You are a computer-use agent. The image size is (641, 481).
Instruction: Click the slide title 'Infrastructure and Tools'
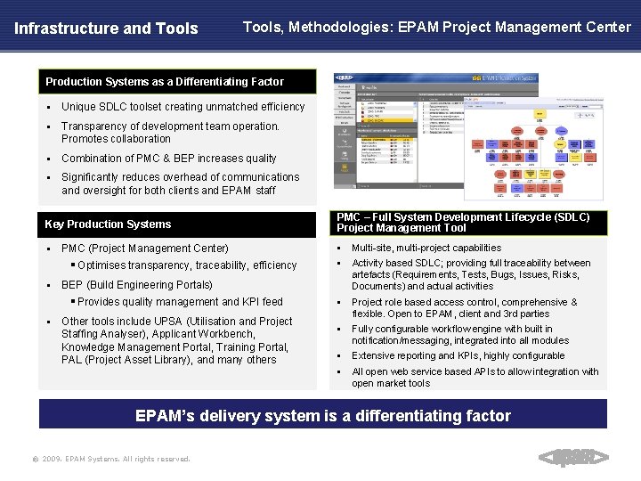click(x=106, y=29)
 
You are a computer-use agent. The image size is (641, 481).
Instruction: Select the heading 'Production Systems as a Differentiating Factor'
click(x=165, y=82)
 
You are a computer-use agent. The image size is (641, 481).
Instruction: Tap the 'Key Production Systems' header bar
click(x=109, y=224)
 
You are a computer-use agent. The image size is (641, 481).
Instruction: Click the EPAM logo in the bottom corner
click(x=574, y=458)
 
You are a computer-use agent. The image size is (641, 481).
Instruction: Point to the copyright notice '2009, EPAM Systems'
click(x=116, y=459)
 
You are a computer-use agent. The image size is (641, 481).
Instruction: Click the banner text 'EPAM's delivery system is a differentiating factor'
click(x=322, y=415)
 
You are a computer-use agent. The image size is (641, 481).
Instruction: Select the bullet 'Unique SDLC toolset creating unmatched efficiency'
click(x=183, y=107)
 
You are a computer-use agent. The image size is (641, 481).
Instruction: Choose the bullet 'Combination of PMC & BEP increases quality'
click(x=169, y=159)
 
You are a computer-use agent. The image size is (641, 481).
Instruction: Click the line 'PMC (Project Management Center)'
click(x=145, y=249)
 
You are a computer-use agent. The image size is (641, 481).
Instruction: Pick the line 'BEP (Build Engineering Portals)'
click(x=137, y=285)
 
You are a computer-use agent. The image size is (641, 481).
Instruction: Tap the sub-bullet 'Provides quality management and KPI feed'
click(x=180, y=302)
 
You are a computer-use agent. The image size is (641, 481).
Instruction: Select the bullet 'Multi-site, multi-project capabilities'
click(x=426, y=248)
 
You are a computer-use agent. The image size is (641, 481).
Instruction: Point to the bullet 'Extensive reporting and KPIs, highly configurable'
click(x=458, y=355)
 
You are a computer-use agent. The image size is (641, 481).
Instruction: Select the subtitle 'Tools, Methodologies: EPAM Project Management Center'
click(x=436, y=27)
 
